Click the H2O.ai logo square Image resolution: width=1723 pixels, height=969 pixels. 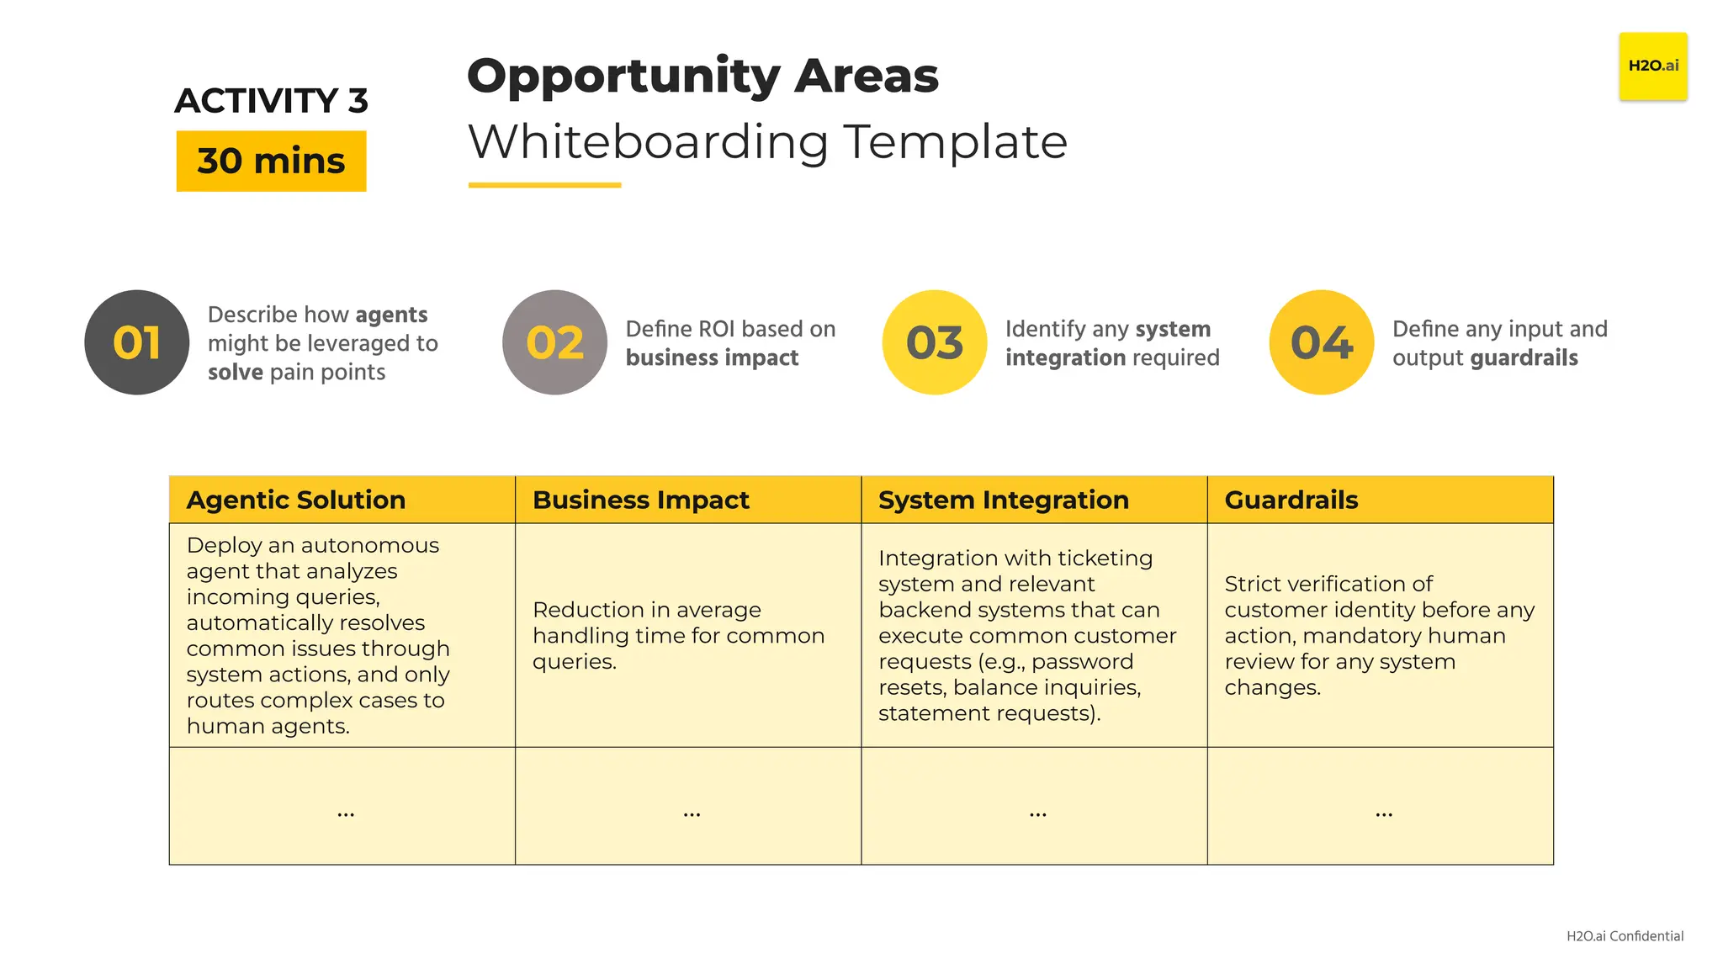tap(1652, 66)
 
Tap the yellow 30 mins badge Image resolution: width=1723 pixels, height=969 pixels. tap(271, 161)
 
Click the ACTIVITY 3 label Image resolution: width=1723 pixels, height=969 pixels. tap(271, 101)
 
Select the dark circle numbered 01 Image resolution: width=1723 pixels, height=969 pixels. tap(137, 342)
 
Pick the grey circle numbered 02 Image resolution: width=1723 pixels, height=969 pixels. tap(554, 342)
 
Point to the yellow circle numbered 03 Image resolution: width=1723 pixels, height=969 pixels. tap(935, 342)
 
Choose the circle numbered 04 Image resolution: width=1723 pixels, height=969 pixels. tap(1322, 342)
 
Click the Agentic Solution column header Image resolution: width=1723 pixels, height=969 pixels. tap(296, 500)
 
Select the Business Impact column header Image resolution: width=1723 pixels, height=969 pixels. tap(640, 500)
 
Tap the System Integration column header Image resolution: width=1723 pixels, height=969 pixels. tap(1003, 500)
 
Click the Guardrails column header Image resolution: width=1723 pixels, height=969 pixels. tap(1291, 500)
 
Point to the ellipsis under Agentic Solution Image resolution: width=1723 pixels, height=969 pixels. tap(346, 813)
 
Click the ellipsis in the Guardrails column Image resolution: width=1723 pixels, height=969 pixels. tap(1384, 813)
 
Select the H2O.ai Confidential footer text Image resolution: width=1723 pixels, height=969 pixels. tap(1625, 936)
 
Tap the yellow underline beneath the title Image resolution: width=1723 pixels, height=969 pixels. tap(544, 185)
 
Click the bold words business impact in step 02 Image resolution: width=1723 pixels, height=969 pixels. tap(712, 358)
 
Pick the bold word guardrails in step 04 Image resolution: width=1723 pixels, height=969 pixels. tap(1524, 358)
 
